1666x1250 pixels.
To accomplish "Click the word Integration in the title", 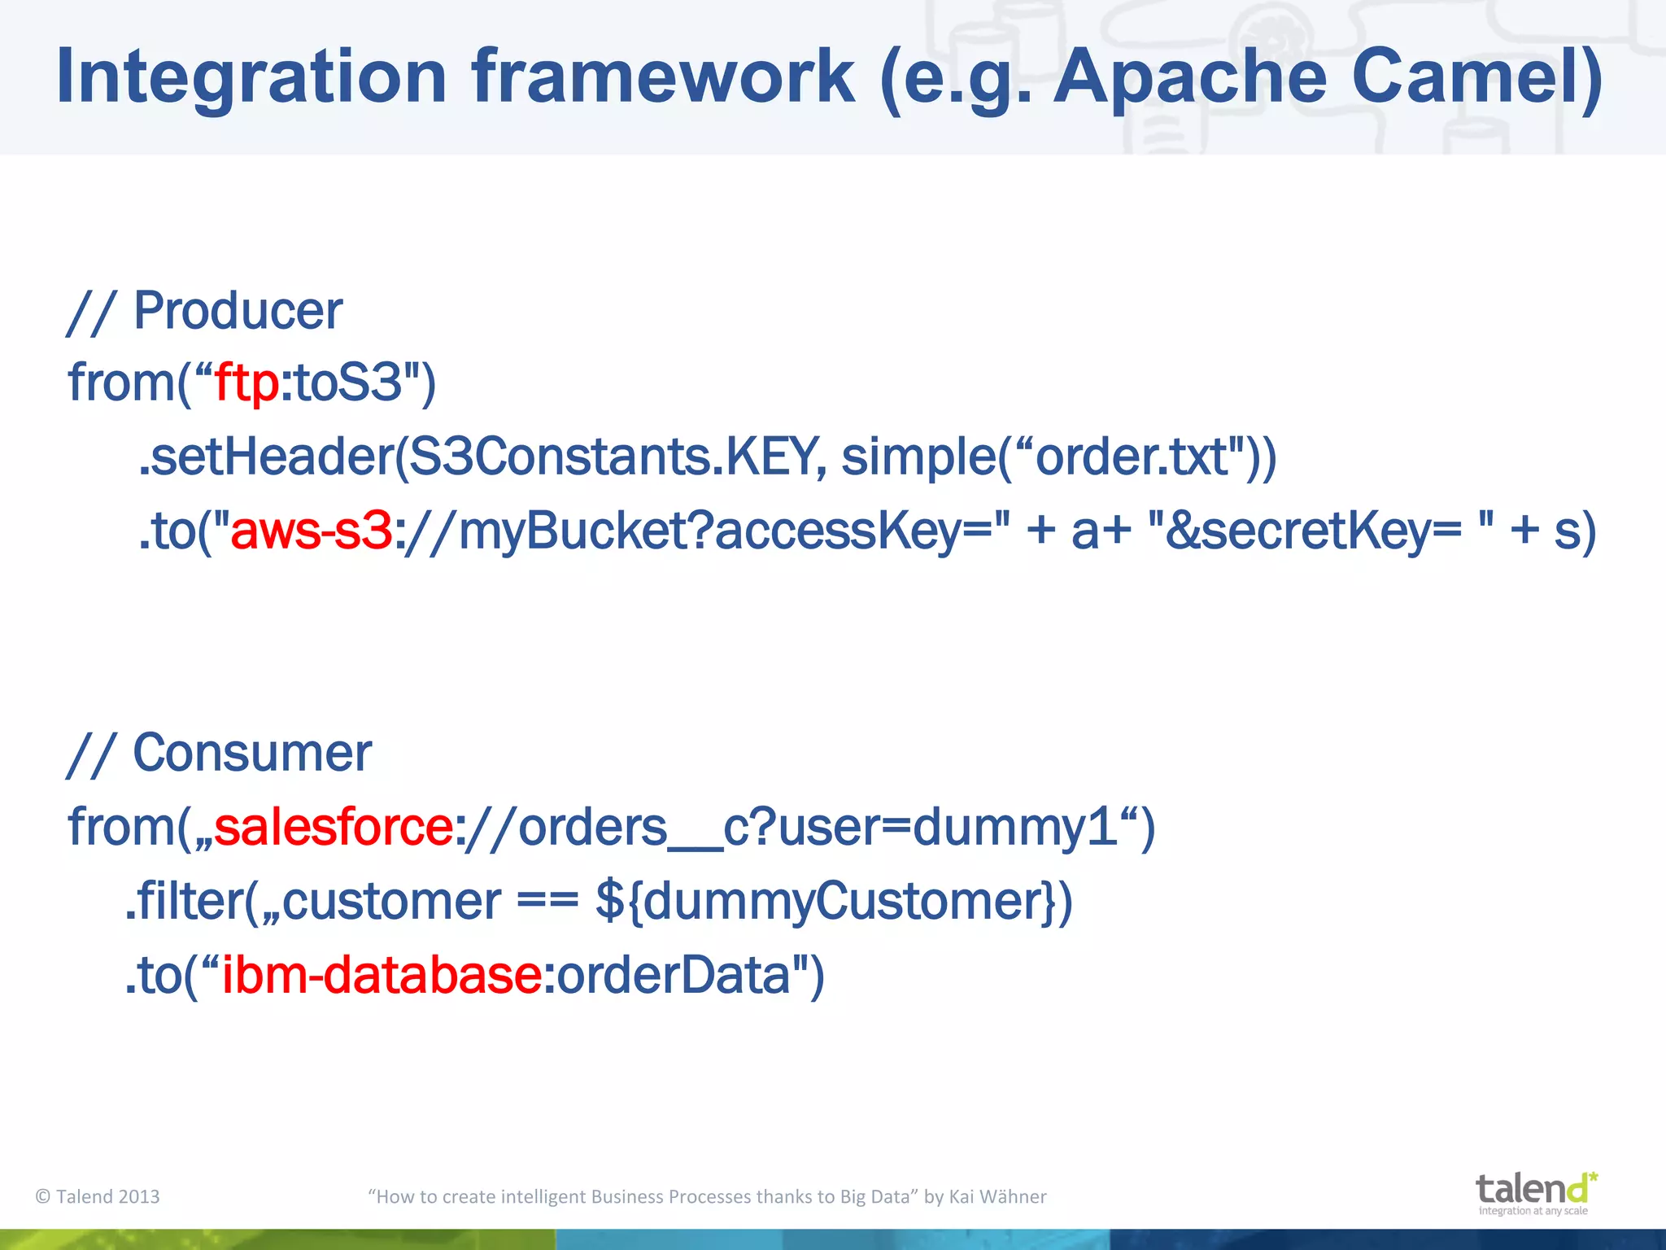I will [x=251, y=77].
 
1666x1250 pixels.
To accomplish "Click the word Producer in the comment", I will [x=238, y=311].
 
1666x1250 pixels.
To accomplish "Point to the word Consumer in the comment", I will [x=251, y=753].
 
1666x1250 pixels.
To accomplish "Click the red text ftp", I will [x=246, y=382].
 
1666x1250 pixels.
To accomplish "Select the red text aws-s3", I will [x=312, y=531].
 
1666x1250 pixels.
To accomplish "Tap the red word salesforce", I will [x=334, y=827].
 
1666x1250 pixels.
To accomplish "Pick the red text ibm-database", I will [x=382, y=975].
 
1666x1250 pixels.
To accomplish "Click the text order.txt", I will [x=1131, y=457].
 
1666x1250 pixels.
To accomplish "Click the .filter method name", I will [x=183, y=901].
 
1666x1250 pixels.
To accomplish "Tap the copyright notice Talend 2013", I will [x=98, y=1196].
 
